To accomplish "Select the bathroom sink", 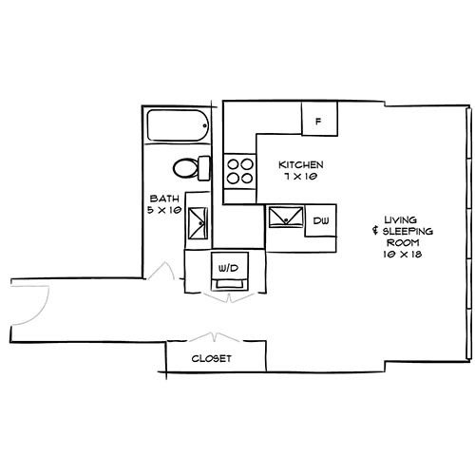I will point(197,220).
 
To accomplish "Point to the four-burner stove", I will point(239,170).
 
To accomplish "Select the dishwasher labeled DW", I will point(321,220).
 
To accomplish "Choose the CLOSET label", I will point(212,359).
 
